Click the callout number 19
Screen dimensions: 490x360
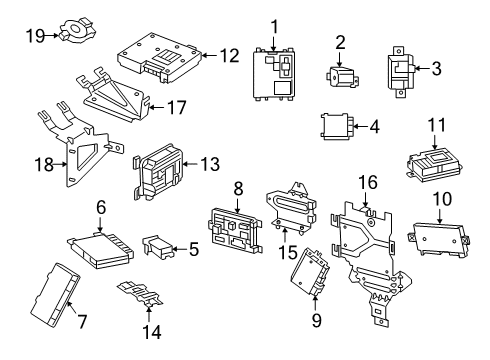point(35,35)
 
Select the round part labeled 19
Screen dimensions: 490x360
point(78,31)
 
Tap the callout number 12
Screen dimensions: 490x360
point(229,55)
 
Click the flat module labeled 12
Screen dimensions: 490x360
point(160,57)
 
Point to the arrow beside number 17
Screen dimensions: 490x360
point(156,107)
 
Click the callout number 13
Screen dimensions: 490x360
point(210,164)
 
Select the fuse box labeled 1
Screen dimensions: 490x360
point(274,74)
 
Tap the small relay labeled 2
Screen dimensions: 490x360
point(342,77)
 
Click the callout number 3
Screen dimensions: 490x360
point(436,68)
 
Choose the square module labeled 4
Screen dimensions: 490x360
point(336,126)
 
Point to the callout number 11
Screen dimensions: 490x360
point(437,125)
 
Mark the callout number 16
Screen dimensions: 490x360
point(368,183)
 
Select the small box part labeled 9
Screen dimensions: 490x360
point(310,272)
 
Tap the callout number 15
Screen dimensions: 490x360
point(288,252)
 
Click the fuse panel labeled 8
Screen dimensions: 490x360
point(236,230)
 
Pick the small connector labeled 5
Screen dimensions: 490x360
point(157,247)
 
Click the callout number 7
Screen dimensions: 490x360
point(82,321)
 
